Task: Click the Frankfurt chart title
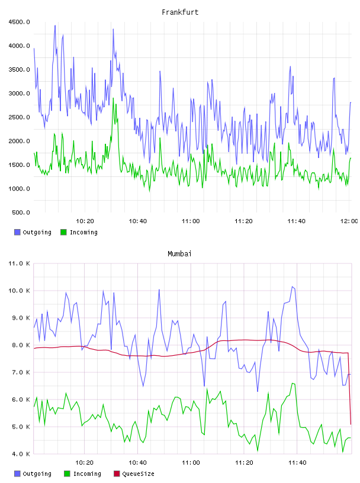click(180, 12)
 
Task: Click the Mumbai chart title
click(179, 253)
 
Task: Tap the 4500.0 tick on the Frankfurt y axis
click(19, 22)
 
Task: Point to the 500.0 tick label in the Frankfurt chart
click(21, 212)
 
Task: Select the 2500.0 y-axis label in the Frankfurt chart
click(19, 117)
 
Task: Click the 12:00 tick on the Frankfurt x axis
click(349, 221)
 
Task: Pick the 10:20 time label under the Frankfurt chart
click(85, 221)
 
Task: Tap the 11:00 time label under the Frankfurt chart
click(191, 221)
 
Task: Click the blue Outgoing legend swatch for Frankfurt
click(17, 232)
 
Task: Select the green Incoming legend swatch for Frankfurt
click(63, 232)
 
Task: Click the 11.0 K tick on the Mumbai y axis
click(19, 263)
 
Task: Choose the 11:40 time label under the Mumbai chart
click(297, 462)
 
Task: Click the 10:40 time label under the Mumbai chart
click(137, 462)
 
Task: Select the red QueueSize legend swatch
click(117, 474)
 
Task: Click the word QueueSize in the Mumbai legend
click(138, 474)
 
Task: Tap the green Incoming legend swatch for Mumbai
click(67, 474)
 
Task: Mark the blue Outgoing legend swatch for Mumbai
click(17, 474)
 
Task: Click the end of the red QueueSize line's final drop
click(351, 424)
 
